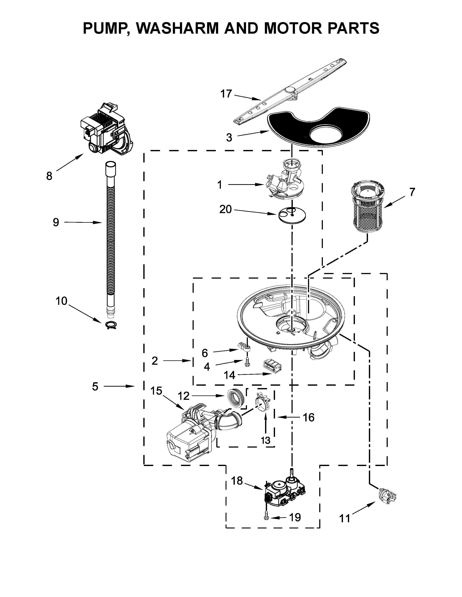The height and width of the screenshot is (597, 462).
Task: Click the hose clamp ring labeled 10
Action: (x=111, y=325)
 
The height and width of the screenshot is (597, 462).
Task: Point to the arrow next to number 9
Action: (x=84, y=223)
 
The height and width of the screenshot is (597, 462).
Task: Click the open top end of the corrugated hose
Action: (x=111, y=165)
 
